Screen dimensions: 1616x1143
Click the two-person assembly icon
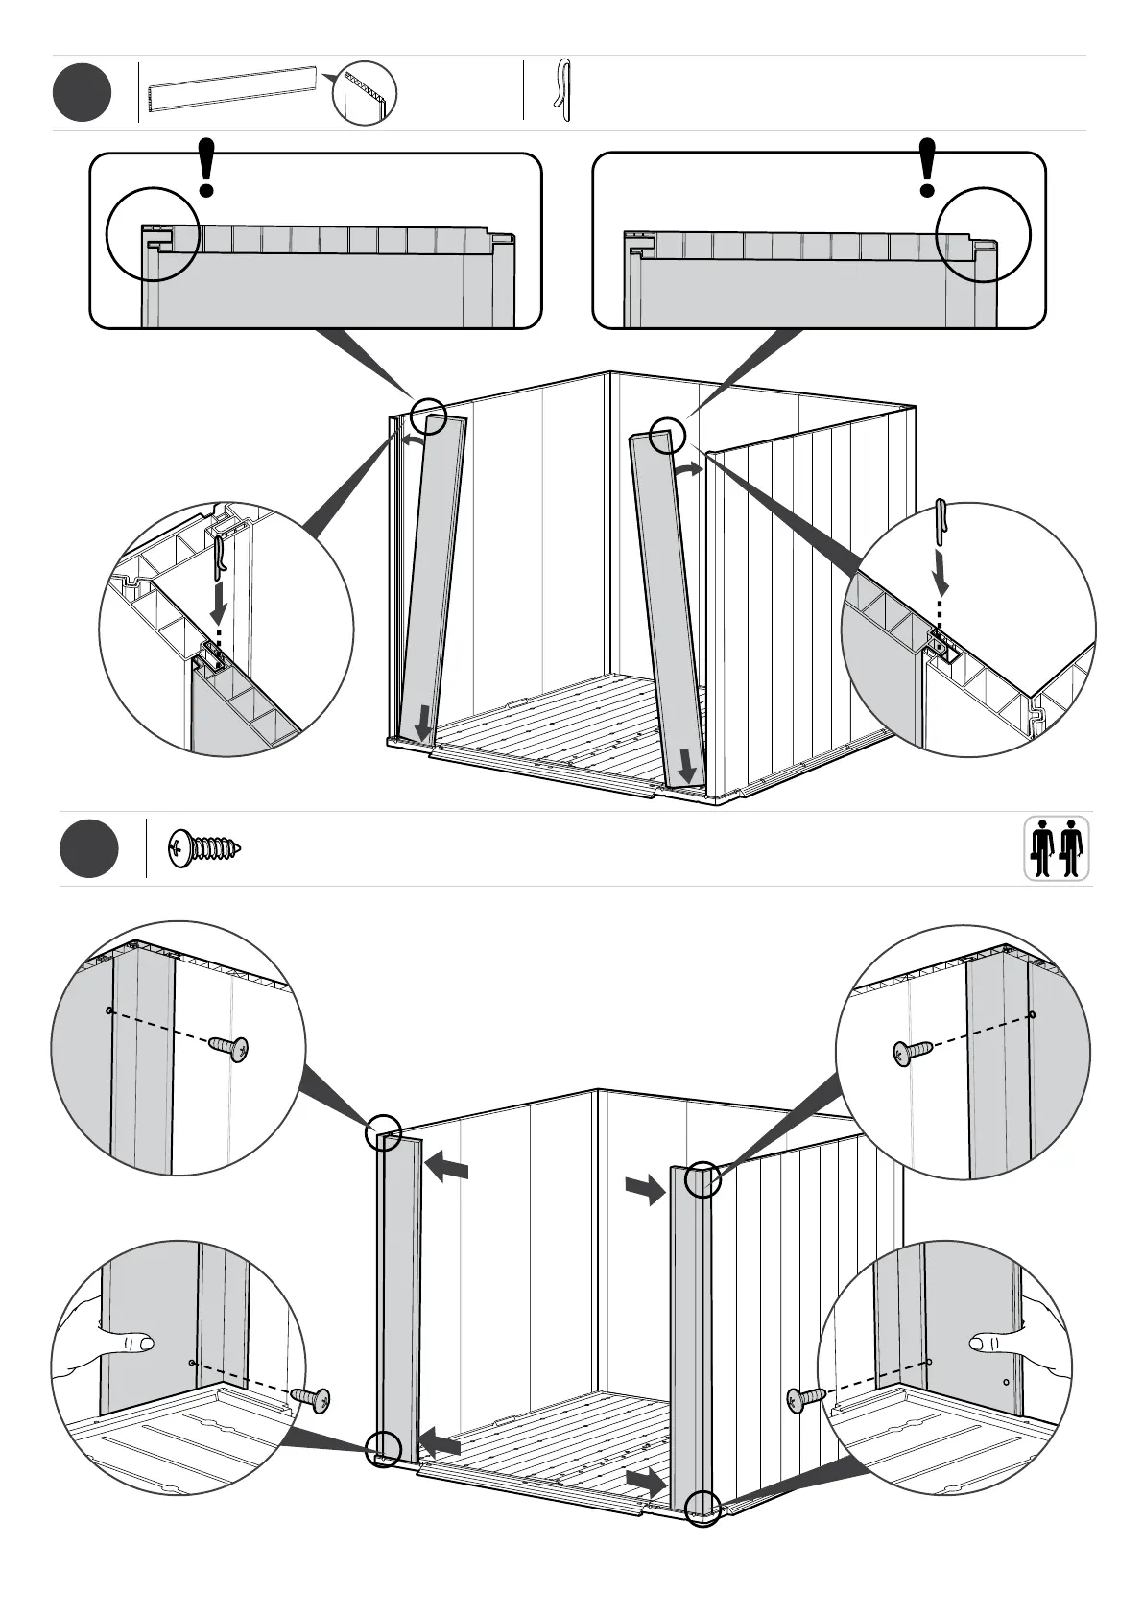click(x=1057, y=848)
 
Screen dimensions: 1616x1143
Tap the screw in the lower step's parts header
click(x=203, y=848)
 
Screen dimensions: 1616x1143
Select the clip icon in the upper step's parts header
click(x=563, y=91)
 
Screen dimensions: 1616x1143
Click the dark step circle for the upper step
click(x=83, y=92)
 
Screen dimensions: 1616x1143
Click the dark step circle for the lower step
click(x=89, y=848)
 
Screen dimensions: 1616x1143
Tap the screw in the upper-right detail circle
click(x=911, y=1053)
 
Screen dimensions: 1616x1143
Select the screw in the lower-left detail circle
click(x=311, y=1400)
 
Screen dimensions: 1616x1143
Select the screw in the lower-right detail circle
click(x=804, y=1400)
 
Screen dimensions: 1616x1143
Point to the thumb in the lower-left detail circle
click(x=137, y=1341)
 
